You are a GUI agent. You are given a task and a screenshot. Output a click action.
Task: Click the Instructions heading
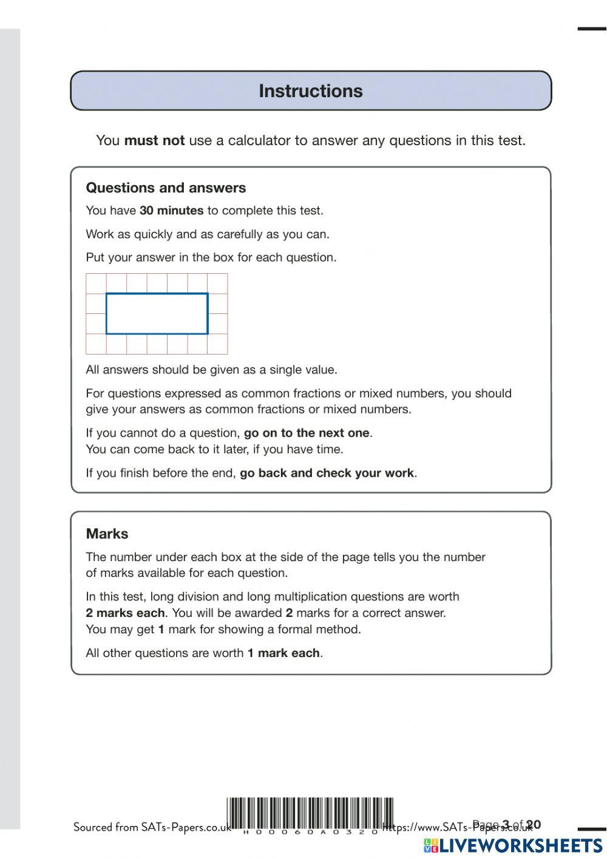click(x=311, y=91)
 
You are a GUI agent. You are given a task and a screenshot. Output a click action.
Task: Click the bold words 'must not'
click(x=154, y=141)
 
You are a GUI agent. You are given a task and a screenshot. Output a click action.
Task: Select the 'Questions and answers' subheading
click(x=166, y=188)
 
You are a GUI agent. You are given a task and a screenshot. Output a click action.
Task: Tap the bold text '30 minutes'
click(x=171, y=211)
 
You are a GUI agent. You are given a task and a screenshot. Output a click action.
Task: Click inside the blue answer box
click(x=157, y=314)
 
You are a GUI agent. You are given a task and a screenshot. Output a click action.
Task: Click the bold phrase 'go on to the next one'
click(x=307, y=433)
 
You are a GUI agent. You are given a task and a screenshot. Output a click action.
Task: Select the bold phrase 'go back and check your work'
click(x=327, y=473)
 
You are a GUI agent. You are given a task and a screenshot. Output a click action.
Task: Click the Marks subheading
click(x=107, y=534)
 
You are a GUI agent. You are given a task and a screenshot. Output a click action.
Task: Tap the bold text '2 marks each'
click(x=125, y=613)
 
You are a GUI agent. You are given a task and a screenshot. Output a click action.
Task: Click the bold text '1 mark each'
click(x=283, y=653)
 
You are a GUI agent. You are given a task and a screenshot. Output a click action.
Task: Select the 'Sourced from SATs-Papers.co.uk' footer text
click(x=152, y=827)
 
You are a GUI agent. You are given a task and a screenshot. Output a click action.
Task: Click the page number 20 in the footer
click(x=534, y=825)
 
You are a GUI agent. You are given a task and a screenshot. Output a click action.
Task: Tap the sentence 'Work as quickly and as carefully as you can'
click(x=208, y=234)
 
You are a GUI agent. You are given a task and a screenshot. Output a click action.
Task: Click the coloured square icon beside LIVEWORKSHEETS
click(x=431, y=846)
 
